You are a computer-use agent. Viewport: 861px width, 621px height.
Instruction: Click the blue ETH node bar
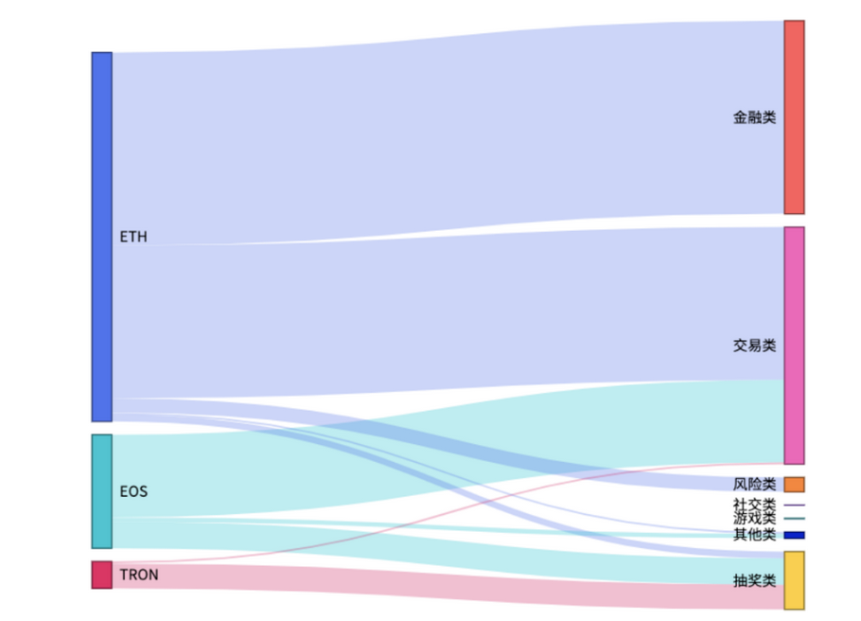pyautogui.click(x=101, y=237)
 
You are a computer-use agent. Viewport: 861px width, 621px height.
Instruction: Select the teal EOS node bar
pyautogui.click(x=101, y=491)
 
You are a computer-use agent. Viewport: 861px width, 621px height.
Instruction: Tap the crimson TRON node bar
pyautogui.click(x=101, y=575)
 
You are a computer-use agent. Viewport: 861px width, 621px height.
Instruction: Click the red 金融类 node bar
pyautogui.click(x=794, y=117)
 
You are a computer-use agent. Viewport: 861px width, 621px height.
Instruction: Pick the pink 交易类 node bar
pyautogui.click(x=794, y=346)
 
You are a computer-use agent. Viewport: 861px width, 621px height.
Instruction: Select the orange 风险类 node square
pyautogui.click(x=794, y=485)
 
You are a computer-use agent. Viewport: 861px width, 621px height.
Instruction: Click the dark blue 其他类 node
pyautogui.click(x=794, y=536)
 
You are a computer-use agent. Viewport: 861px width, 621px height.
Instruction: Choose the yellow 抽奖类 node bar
pyautogui.click(x=794, y=580)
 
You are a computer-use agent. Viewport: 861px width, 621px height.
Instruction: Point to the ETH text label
pyautogui.click(x=133, y=237)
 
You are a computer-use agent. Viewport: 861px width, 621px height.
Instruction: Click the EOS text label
pyautogui.click(x=133, y=492)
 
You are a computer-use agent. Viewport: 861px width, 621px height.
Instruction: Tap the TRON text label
pyautogui.click(x=139, y=575)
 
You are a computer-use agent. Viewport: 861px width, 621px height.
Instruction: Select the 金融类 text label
pyautogui.click(x=754, y=117)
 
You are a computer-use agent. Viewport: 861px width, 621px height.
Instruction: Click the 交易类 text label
pyautogui.click(x=754, y=346)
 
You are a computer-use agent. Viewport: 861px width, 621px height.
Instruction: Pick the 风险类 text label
pyautogui.click(x=754, y=485)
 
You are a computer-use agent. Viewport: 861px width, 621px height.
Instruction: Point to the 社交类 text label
pyautogui.click(x=754, y=506)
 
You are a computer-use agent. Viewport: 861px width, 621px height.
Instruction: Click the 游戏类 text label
pyautogui.click(x=754, y=519)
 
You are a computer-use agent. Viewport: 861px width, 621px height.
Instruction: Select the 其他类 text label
pyautogui.click(x=754, y=536)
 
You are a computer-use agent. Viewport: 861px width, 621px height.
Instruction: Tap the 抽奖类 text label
pyautogui.click(x=754, y=580)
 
